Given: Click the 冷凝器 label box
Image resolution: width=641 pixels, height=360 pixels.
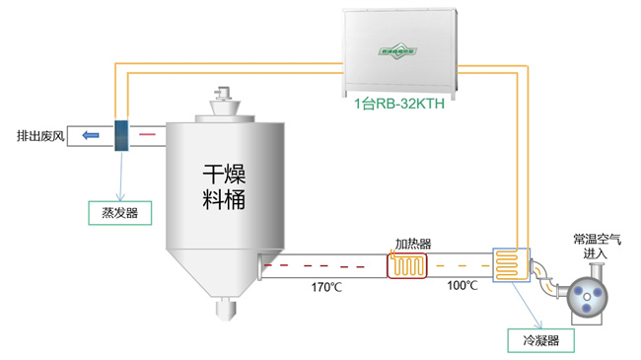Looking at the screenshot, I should (x=540, y=341).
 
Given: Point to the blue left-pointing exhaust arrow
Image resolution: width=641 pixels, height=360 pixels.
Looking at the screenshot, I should (x=90, y=135).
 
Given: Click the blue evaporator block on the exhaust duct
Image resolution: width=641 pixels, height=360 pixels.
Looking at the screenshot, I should (x=122, y=135).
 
